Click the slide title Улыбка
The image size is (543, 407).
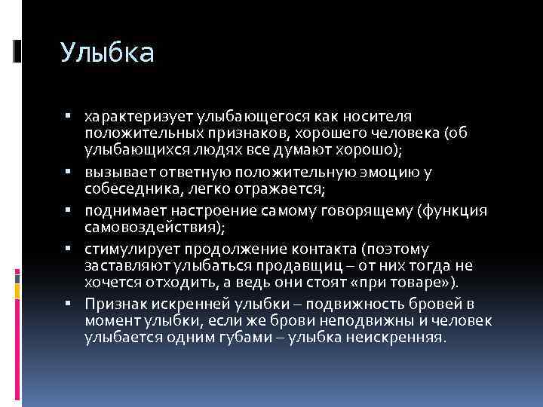pos(108,53)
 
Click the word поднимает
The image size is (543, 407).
pos(125,210)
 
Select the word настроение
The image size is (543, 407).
pos(209,210)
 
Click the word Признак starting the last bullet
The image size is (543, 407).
pos(118,304)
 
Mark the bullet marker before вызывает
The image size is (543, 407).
pos(68,171)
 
